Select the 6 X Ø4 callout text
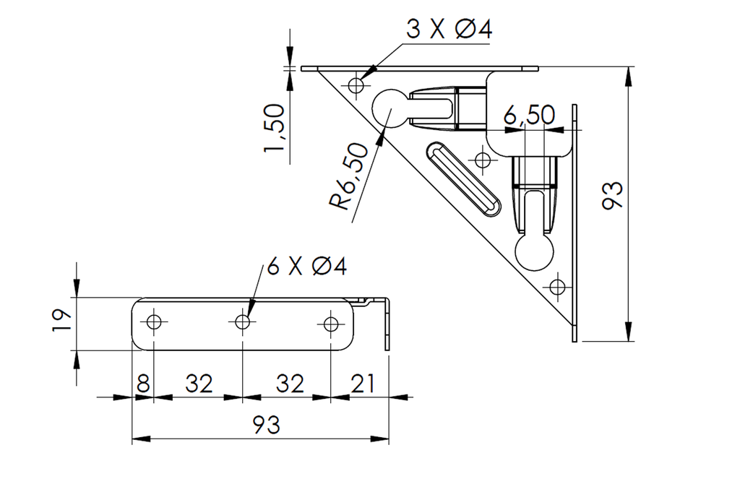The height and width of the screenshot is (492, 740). [x=306, y=267]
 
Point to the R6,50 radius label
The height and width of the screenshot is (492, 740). [x=353, y=175]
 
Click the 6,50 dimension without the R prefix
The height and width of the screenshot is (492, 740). [x=530, y=115]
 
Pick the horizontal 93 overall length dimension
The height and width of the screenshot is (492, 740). [x=266, y=425]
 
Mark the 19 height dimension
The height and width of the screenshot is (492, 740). [x=61, y=319]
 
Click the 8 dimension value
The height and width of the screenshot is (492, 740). [x=143, y=384]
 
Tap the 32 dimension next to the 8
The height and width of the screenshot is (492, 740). [x=199, y=384]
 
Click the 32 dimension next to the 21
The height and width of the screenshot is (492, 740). [x=289, y=384]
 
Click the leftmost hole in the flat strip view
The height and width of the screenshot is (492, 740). [x=154, y=322]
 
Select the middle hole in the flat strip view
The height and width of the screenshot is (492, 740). [x=243, y=322]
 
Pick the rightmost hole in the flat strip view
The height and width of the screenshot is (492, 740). [x=330, y=322]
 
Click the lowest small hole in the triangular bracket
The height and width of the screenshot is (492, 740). [x=556, y=287]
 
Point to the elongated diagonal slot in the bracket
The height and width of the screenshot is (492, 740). [x=462, y=178]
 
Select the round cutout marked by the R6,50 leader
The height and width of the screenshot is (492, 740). [x=391, y=107]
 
